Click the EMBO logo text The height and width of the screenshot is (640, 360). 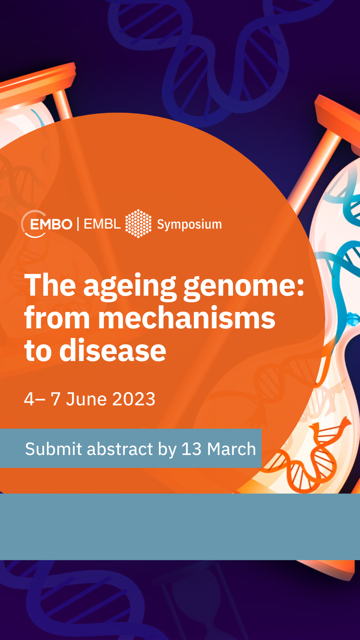click(51, 224)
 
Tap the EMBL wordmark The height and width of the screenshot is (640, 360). click(102, 224)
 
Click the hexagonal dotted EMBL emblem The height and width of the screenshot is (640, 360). click(138, 224)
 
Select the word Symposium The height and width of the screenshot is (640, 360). click(189, 225)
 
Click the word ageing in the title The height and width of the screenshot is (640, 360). click(130, 287)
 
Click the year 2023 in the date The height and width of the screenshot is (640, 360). click(134, 399)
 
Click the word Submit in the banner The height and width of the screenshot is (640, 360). click(54, 449)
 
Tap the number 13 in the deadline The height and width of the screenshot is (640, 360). click(192, 449)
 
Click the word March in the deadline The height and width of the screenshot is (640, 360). click(231, 449)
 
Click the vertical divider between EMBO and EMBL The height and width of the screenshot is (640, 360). click(78, 224)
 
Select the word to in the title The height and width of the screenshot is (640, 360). click(38, 351)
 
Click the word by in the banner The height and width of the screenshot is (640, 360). click(167, 450)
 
